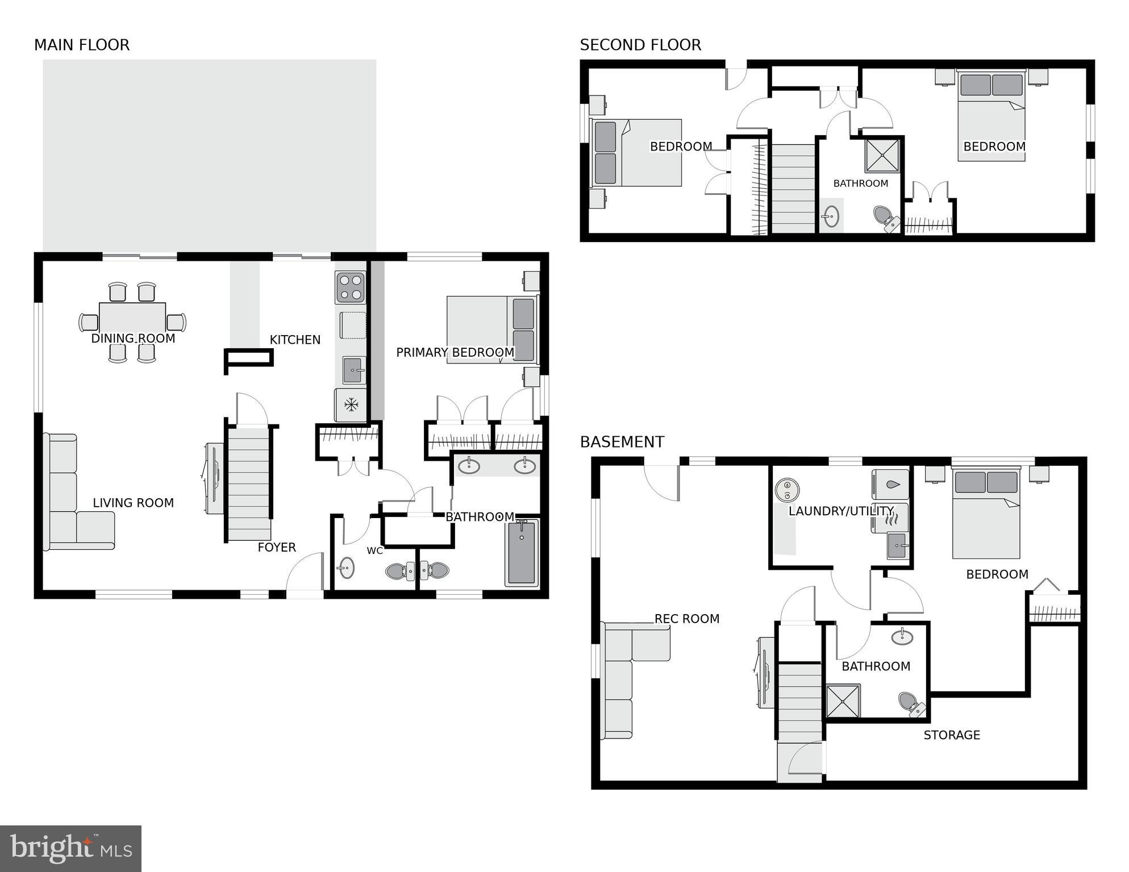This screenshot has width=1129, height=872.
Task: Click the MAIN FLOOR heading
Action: (82, 45)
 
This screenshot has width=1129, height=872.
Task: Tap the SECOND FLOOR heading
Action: (640, 45)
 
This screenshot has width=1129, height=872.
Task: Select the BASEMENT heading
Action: (622, 441)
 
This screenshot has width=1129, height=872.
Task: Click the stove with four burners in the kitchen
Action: (351, 287)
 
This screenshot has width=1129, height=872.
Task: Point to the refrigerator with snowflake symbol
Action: (351, 405)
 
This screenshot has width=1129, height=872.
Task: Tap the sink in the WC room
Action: (345, 568)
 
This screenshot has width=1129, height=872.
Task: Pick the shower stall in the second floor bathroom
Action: (882, 156)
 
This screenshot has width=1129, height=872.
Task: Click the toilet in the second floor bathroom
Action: (885, 217)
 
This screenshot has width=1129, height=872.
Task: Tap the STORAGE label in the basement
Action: (951, 735)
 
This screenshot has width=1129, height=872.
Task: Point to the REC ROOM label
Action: (686, 619)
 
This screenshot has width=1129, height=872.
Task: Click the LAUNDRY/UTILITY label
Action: (840, 511)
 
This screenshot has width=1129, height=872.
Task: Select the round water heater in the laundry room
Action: (787, 490)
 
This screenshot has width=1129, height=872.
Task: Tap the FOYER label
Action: (277, 547)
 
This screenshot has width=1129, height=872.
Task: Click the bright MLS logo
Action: (70, 848)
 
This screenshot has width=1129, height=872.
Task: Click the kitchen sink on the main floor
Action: (354, 371)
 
